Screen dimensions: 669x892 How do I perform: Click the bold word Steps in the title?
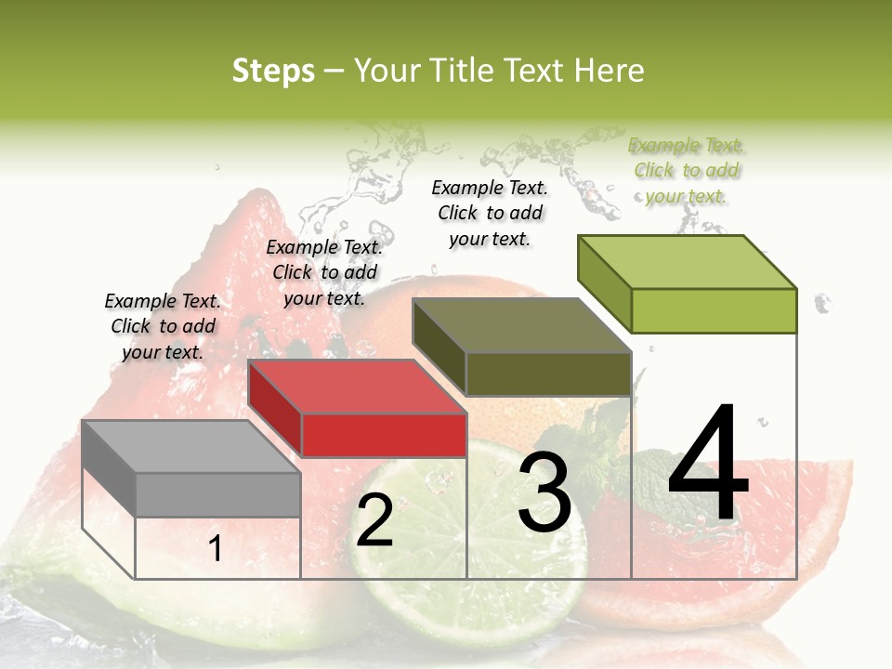[273, 71]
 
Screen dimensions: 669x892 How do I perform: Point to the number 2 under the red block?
[375, 520]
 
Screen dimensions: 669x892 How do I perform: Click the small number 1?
[215, 549]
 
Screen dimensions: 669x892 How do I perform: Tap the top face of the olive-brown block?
[521, 325]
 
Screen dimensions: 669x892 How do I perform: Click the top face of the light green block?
[687, 262]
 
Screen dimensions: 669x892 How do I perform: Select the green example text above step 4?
[687, 170]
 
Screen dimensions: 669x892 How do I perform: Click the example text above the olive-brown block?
[491, 213]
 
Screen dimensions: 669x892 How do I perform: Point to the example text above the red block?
[324, 272]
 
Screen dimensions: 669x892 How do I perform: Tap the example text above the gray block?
[163, 326]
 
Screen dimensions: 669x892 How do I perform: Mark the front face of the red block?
[384, 436]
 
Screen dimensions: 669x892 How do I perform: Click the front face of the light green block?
[714, 310]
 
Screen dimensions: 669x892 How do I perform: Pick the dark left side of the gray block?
[109, 468]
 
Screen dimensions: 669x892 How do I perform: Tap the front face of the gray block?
[218, 495]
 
